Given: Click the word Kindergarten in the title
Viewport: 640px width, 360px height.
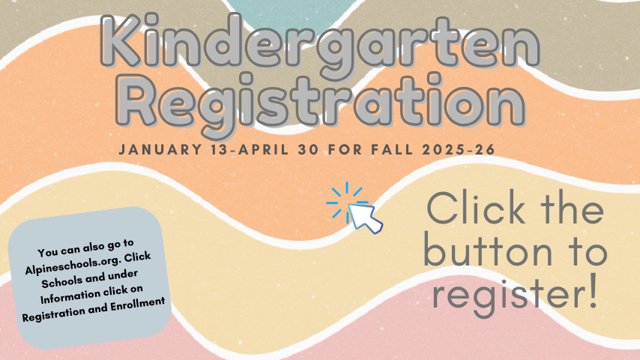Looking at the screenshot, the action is click(x=321, y=45).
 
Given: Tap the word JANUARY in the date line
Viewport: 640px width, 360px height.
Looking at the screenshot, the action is click(x=160, y=149).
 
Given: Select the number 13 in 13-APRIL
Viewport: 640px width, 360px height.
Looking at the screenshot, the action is click(x=220, y=149).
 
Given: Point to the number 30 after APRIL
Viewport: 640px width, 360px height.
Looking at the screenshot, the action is click(x=308, y=149).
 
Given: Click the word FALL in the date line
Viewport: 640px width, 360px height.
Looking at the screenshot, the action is click(x=392, y=149).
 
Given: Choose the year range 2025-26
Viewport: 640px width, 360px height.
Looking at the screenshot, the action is click(x=459, y=149).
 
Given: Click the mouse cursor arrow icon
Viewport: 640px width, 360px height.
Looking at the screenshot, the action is click(x=364, y=217).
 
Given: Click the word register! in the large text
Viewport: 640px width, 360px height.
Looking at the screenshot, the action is click(x=515, y=293).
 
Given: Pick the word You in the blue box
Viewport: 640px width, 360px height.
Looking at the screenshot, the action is click(x=47, y=252).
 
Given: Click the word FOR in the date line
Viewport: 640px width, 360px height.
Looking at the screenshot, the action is click(x=345, y=149).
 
